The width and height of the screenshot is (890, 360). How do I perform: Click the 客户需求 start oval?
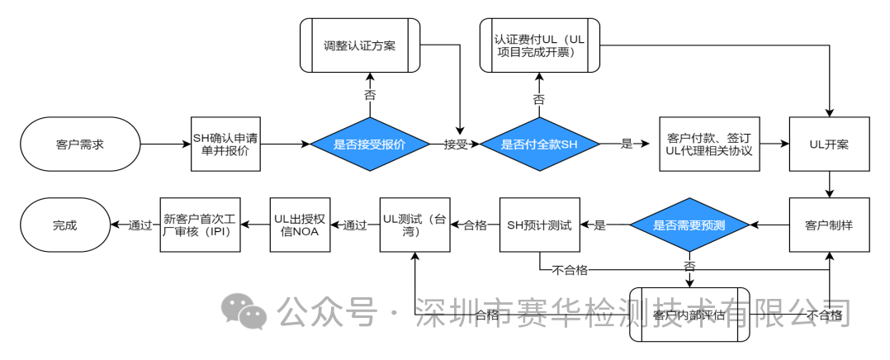[80, 144]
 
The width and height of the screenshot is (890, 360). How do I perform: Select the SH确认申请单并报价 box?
[226, 144]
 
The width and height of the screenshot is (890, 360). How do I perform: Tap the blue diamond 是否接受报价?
[369, 144]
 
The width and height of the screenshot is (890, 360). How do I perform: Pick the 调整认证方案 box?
[359, 45]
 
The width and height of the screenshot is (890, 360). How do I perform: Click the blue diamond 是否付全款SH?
[540, 144]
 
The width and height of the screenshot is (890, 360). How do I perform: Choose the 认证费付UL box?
[538, 45]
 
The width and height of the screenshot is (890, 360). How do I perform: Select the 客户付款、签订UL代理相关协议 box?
[708, 144]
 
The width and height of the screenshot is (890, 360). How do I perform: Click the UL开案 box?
[830, 144]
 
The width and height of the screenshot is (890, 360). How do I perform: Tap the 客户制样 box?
[830, 225]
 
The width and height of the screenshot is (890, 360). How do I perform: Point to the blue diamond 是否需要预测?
[689, 225]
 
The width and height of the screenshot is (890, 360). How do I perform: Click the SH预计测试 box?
[539, 225]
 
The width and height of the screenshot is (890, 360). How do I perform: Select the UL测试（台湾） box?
[414, 225]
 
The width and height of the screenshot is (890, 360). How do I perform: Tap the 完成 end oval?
[64, 225]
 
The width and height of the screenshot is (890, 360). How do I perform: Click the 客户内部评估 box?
[689, 315]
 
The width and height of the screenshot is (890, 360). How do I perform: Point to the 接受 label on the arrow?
[456, 144]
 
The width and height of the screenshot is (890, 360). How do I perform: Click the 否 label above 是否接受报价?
[369, 96]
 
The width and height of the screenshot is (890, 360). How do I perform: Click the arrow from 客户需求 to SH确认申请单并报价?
[165, 144]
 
